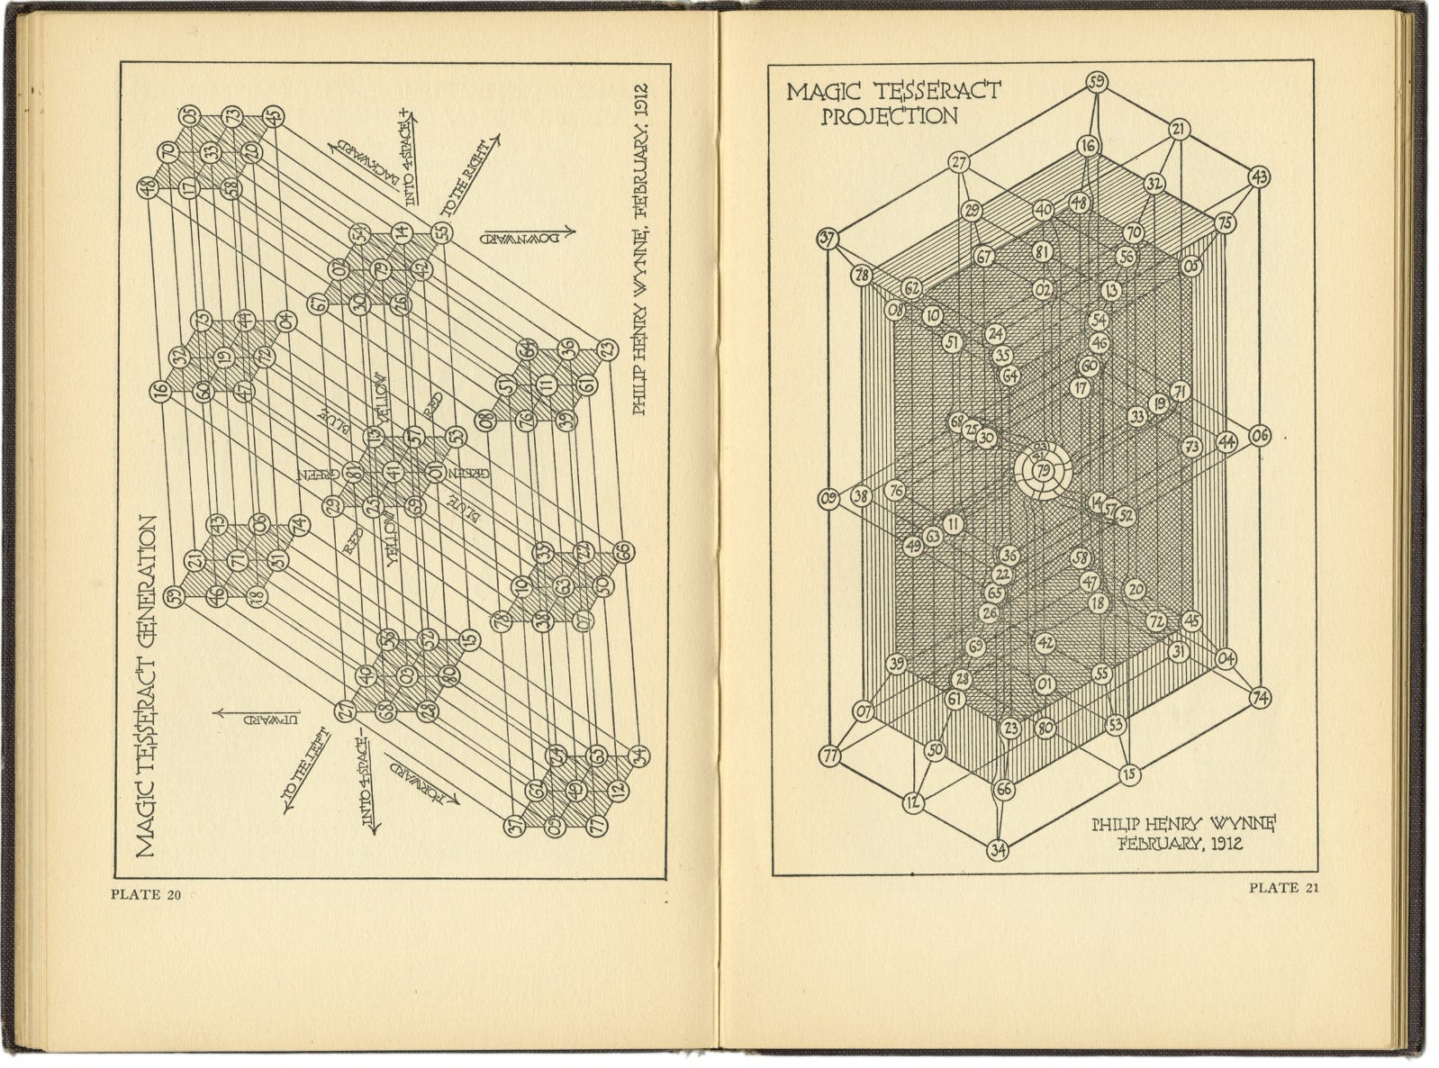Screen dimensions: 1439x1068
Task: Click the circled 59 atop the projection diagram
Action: click(1097, 83)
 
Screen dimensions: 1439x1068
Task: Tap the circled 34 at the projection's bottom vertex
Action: click(998, 848)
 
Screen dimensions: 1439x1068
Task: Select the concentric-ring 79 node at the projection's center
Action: click(1043, 469)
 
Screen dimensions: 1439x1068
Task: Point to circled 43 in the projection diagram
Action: click(1260, 177)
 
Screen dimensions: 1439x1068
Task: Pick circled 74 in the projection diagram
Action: click(1261, 698)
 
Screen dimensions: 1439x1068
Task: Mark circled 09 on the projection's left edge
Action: click(828, 498)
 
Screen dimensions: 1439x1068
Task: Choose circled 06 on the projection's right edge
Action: click(1260, 437)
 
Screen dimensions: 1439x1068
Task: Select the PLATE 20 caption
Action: click(146, 894)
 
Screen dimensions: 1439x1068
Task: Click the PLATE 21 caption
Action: click(1283, 889)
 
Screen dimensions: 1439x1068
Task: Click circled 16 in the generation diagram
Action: click(161, 391)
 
